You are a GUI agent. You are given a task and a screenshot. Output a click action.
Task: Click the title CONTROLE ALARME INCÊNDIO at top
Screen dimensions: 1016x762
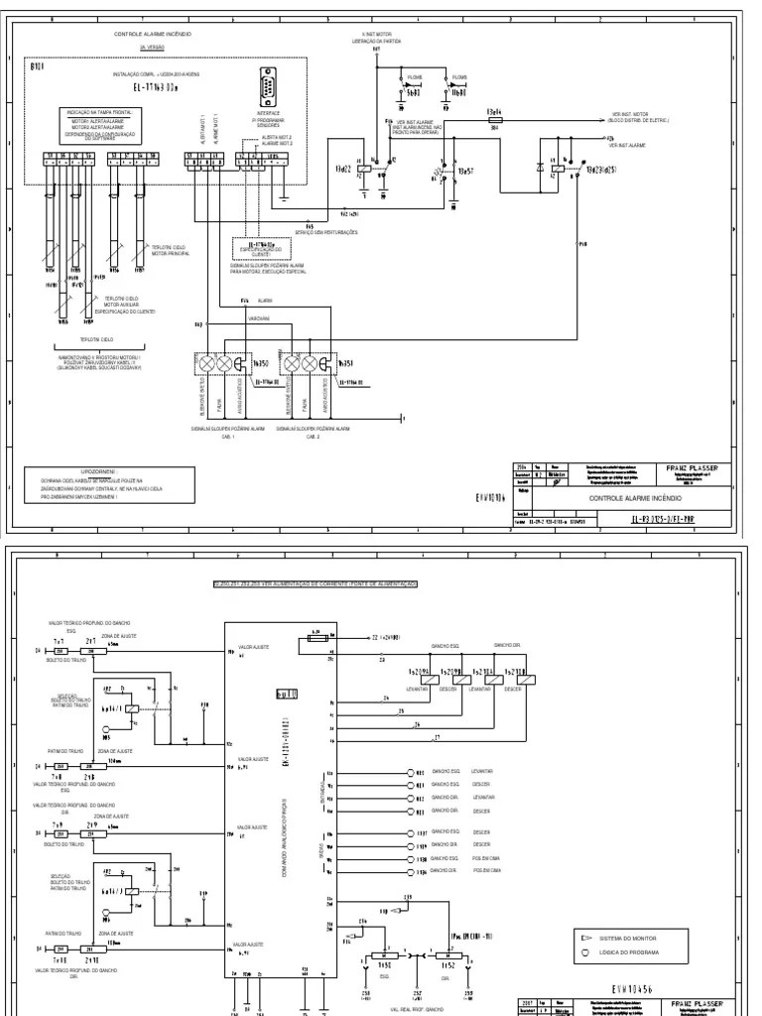153,34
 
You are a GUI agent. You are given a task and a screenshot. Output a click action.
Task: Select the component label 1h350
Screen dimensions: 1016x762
263,364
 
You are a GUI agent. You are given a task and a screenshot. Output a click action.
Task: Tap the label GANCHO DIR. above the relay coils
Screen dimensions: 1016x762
508,644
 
